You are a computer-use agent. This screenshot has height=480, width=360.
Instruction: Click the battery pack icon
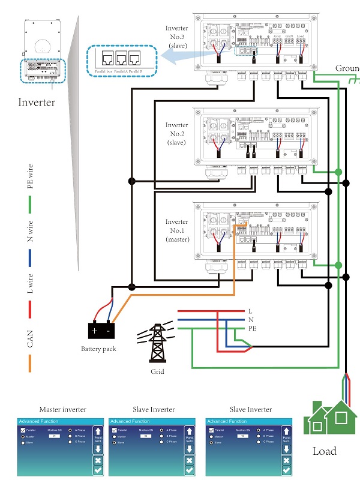tap(101, 329)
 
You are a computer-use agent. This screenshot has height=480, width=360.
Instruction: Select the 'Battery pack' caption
tap(98, 349)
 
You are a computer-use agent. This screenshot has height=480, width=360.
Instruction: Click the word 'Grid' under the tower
tap(157, 371)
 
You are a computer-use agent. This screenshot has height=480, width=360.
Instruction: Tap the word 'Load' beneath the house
tap(325, 451)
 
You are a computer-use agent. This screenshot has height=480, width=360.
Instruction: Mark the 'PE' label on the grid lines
tap(253, 329)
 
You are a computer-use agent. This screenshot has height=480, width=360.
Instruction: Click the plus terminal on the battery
tap(94, 331)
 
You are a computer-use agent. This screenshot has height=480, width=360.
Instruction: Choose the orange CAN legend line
tap(30, 364)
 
